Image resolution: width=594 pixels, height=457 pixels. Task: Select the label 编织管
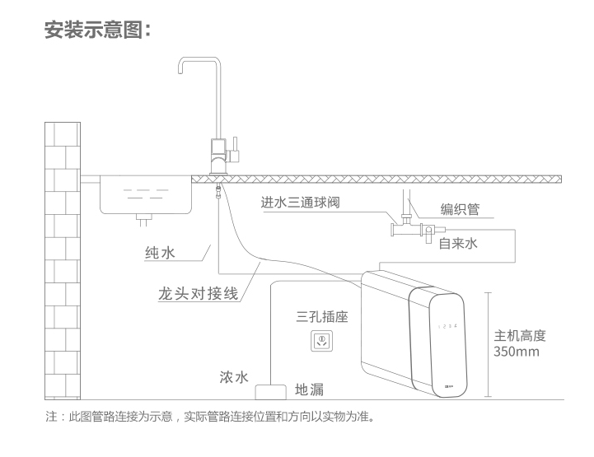tap(460, 208)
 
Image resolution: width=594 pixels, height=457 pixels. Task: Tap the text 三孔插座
tap(323, 316)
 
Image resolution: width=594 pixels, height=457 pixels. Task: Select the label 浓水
tap(233, 378)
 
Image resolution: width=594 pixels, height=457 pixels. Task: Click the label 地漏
tap(309, 389)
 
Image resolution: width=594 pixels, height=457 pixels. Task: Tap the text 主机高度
tap(520, 336)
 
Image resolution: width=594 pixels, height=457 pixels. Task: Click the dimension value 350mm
tap(517, 352)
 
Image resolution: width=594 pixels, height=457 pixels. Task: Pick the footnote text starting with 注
tap(210, 417)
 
